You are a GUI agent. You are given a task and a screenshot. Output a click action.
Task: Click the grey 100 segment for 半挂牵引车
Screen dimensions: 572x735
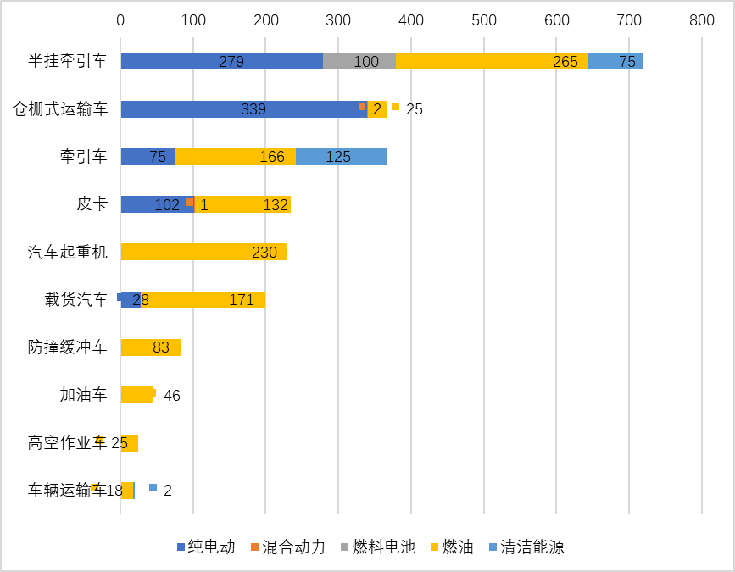tap(359, 61)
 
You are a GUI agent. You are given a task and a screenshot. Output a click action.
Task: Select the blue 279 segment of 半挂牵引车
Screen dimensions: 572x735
tap(221, 61)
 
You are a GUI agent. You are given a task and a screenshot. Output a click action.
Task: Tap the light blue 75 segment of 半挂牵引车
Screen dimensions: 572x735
tap(615, 61)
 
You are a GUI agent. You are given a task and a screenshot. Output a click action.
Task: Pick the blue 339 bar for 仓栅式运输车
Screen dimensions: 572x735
tap(243, 109)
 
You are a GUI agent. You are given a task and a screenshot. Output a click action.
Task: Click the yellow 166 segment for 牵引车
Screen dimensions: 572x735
tap(235, 157)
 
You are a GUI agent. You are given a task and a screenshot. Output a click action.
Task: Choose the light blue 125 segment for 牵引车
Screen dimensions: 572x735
tap(341, 157)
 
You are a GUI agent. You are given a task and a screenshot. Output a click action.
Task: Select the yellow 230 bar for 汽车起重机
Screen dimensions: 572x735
tap(203, 252)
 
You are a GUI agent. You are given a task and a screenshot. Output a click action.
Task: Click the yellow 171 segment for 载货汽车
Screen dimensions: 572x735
tap(203, 300)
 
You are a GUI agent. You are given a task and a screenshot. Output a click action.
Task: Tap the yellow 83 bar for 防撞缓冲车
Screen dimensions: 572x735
tap(150, 347)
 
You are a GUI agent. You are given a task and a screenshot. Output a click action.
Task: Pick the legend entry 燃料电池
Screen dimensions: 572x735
tap(377, 547)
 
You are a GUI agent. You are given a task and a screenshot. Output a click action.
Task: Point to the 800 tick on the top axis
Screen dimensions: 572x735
tap(701, 19)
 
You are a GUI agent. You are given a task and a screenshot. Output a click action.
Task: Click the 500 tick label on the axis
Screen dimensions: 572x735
tap(483, 19)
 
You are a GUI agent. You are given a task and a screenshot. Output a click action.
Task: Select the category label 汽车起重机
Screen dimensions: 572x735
tap(68, 252)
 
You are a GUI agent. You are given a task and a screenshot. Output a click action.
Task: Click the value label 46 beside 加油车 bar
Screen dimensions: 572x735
tap(171, 396)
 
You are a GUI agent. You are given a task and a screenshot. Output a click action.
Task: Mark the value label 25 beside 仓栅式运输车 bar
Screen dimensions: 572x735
tap(414, 109)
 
